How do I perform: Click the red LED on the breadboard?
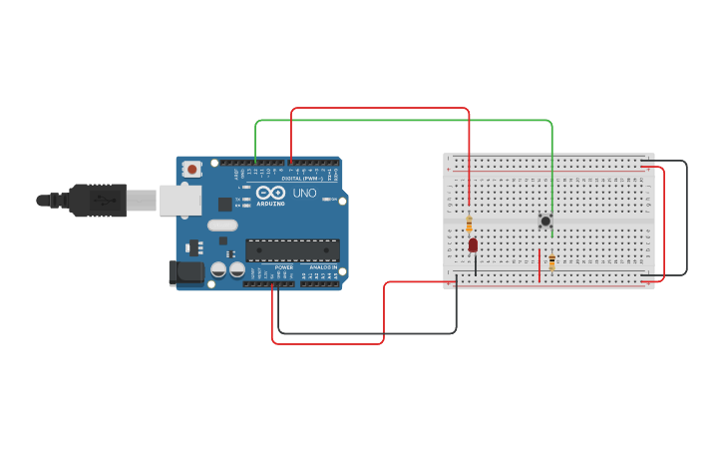tap(473, 244)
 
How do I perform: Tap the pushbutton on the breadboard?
tap(545, 221)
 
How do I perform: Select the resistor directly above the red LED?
tap(470, 225)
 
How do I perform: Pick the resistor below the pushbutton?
tap(551, 262)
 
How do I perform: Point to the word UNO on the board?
tap(304, 193)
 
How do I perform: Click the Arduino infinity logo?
tap(270, 193)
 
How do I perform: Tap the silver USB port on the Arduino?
tap(180, 200)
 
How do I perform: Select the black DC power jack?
tap(185, 272)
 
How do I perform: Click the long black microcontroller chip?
tap(292, 250)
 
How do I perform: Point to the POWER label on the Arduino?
tap(284, 267)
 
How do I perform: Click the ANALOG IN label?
tap(321, 267)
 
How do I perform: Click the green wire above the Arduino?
tap(399, 121)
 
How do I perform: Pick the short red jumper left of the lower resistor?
tap(540, 266)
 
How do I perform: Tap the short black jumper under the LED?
tap(476, 264)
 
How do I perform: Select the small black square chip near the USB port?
tap(225, 204)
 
